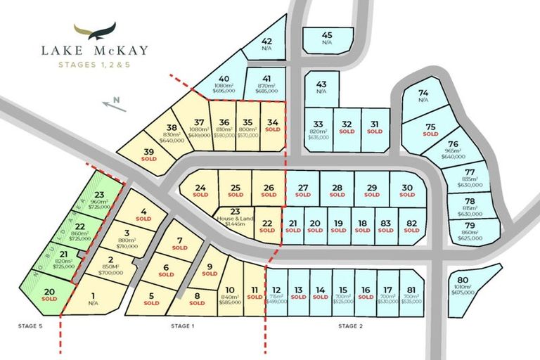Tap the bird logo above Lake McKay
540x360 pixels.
pos(96,32)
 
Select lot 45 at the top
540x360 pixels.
pos(326,39)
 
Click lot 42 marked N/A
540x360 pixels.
pos(266,45)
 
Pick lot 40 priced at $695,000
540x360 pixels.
pos(224,84)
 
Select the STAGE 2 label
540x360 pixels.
pos(349,326)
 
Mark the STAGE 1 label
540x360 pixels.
pos(182,326)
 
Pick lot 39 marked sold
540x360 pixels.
pos(149,155)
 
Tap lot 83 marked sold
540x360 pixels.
pos(385,226)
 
